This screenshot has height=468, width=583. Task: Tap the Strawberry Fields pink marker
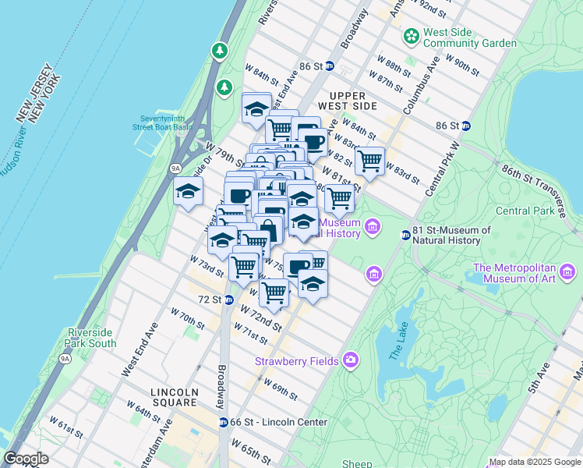pos(351,360)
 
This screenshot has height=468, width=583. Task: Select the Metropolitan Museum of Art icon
pos(568,272)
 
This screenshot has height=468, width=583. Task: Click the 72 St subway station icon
pos(228,300)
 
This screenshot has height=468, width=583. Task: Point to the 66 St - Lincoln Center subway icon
pos(224,422)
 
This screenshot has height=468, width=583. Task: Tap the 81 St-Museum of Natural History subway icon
pos(405,235)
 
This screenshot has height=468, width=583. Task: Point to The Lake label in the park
pos(397,343)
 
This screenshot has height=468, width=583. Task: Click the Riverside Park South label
pos(91,337)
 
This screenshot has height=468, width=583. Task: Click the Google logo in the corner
pos(26,459)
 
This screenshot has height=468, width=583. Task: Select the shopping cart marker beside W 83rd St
pos(369,162)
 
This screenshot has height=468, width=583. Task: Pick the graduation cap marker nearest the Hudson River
pos(188,191)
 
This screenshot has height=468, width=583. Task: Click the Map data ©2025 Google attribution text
pos(534,462)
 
